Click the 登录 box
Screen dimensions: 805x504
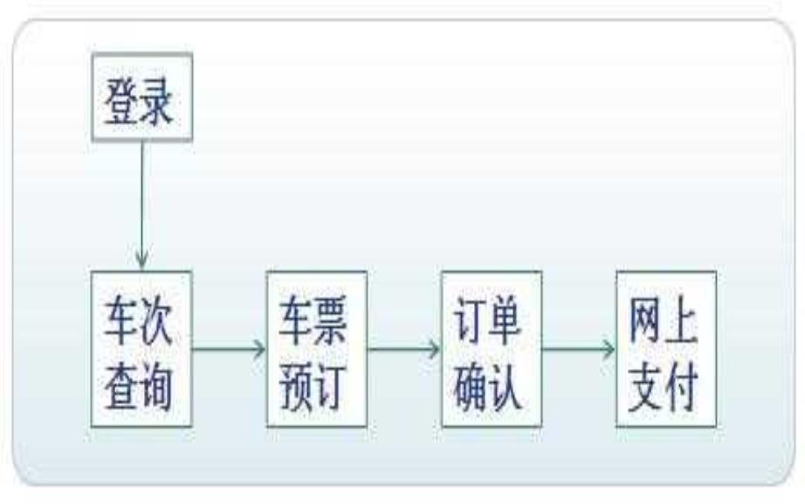142,96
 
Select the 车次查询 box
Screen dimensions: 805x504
141,349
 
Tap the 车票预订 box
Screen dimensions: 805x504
317,349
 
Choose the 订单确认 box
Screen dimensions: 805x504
492,349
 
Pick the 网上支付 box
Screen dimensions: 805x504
666,349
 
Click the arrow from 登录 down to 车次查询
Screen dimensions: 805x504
142,205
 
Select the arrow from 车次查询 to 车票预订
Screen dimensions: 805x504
229,349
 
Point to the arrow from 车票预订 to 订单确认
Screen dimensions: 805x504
405,349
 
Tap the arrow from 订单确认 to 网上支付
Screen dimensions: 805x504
579,349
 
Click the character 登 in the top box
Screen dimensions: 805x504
121,100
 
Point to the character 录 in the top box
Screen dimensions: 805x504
156,100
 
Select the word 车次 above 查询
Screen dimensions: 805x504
139,321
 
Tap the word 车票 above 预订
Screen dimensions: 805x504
313,320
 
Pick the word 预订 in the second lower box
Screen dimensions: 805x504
313,387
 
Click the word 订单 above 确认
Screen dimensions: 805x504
488,320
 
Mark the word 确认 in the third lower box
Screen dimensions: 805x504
488,387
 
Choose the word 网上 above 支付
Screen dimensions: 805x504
663,320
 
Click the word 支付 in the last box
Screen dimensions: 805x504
663,387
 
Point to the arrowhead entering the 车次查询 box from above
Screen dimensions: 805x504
142,261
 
